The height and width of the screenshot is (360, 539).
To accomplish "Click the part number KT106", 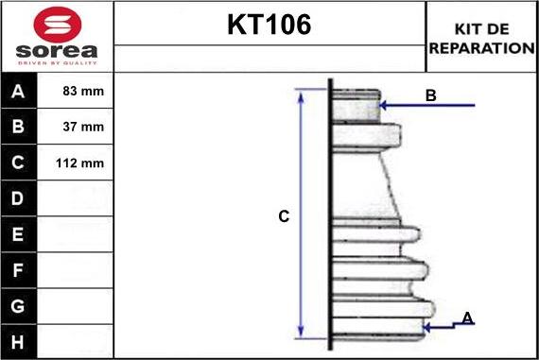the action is (x=269, y=25).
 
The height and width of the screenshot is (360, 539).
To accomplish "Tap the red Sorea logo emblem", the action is (x=58, y=25).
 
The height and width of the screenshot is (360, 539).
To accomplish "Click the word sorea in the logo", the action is (x=57, y=51).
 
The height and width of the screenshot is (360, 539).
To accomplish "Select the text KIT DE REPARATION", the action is (x=481, y=39).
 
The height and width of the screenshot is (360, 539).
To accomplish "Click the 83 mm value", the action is (x=83, y=91).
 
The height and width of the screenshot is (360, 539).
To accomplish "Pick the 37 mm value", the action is (x=83, y=127).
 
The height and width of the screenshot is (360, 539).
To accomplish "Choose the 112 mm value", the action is (x=79, y=163).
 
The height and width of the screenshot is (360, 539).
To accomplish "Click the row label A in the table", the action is (x=18, y=92).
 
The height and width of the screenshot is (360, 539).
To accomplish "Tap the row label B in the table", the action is (x=18, y=127).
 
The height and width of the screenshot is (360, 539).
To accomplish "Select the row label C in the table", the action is (x=18, y=163).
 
